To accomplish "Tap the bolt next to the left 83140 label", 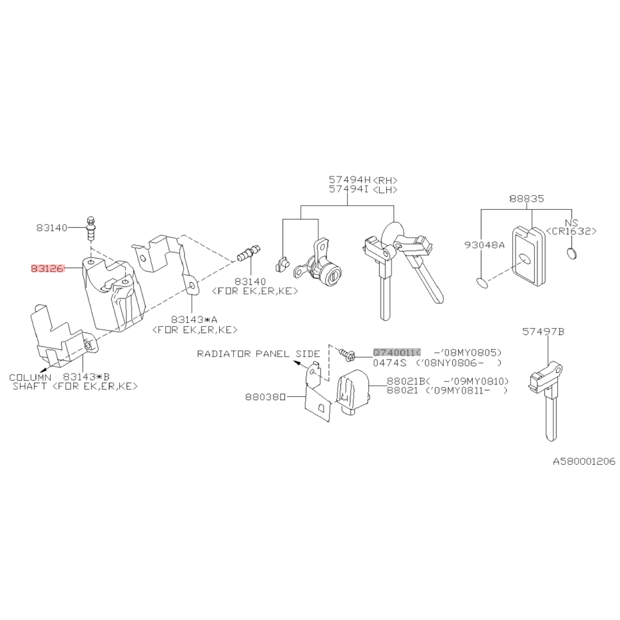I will pos(91,228).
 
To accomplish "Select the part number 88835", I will pos(526,198).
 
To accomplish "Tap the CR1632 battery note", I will pos(571,231).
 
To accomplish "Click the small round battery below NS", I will pos(571,252).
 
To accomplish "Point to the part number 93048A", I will pos(485,244).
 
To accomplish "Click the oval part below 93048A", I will pos(484,284).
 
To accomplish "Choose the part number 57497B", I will pos(543,331).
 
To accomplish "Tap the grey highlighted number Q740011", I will pos(396,352).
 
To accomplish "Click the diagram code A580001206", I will pos(583,461).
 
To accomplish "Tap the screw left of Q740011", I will pos(346,354).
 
